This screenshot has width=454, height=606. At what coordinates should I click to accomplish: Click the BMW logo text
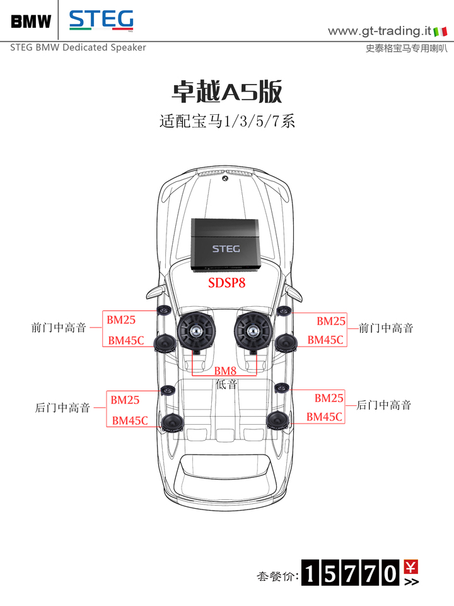31,21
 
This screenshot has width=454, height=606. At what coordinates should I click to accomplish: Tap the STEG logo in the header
101,20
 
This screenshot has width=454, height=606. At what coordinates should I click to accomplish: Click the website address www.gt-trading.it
379,30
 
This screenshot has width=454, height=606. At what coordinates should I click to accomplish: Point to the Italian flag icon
440,32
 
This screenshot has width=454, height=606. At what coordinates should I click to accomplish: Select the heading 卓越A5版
227,92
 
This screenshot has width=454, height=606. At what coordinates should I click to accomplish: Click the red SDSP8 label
226,283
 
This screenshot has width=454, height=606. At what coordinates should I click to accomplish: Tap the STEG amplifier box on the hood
226,245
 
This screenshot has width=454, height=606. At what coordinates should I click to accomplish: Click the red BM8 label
225,371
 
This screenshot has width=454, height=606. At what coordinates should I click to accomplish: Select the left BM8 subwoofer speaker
197,331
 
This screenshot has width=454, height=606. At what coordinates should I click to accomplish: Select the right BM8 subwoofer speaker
253,331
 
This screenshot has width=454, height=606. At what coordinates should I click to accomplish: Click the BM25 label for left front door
121,320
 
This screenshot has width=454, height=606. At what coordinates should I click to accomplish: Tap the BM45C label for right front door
325,340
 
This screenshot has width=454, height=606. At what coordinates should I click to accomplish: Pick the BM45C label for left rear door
130,420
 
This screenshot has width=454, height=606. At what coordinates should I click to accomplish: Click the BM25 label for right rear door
329,398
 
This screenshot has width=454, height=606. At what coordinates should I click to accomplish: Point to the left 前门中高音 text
59,328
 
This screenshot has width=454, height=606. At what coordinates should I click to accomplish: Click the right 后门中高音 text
384,405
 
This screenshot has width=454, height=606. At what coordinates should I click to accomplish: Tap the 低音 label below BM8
226,384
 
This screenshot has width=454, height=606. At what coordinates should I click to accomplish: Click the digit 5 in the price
330,573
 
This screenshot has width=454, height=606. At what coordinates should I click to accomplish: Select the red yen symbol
410,567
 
